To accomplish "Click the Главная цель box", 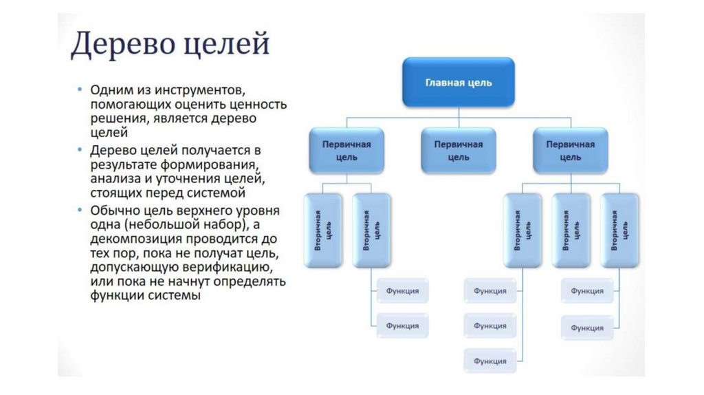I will tap(458, 83).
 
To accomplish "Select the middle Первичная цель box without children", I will tap(459, 151).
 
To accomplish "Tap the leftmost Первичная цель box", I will tap(346, 151).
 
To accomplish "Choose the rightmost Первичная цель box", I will tap(570, 151).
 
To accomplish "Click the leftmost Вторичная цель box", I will tap(323, 231).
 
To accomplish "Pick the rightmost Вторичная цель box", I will tap(619, 231).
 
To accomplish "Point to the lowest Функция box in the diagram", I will tap(489, 361).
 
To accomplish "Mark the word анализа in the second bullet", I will tap(111, 179).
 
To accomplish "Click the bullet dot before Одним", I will tap(80, 90).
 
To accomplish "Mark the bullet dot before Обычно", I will tap(80, 211).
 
